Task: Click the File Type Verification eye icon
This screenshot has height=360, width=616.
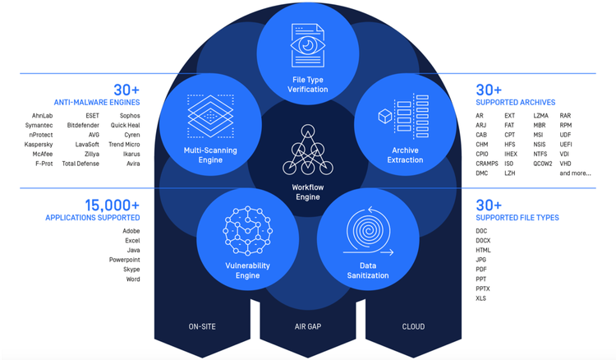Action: (x=308, y=47)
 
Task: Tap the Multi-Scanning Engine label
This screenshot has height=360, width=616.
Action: (x=210, y=155)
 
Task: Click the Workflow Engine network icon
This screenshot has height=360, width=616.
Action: (x=307, y=150)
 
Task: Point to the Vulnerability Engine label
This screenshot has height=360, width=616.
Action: (x=247, y=270)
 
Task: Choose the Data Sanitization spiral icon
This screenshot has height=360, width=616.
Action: (x=369, y=231)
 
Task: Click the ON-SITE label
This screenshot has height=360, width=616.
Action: (x=202, y=327)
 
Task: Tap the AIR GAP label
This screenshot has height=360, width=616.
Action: (x=308, y=327)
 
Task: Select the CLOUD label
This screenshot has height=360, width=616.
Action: (x=413, y=327)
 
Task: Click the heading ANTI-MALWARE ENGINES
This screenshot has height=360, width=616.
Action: (x=97, y=103)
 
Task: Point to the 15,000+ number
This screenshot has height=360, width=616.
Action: (x=112, y=205)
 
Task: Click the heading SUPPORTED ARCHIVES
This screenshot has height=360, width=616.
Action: (x=514, y=103)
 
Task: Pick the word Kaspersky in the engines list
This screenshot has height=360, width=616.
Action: (x=39, y=145)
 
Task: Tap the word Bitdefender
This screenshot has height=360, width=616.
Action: (x=83, y=126)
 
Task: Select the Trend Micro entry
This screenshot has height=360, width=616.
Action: (x=124, y=145)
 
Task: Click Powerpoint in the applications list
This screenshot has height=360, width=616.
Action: (x=125, y=260)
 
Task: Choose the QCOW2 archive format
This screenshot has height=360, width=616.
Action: (x=543, y=164)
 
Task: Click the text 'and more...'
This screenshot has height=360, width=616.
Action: (x=575, y=173)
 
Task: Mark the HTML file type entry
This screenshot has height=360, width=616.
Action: (x=483, y=251)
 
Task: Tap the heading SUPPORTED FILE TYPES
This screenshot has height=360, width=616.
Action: (x=517, y=218)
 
